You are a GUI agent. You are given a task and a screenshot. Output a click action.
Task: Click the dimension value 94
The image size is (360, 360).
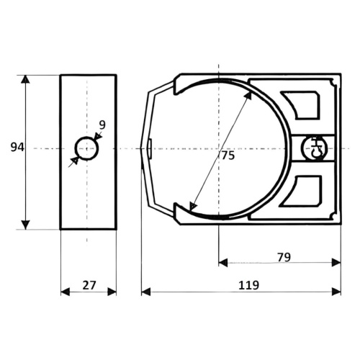click(x=17, y=148)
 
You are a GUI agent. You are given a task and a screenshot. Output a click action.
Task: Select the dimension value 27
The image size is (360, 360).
click(x=89, y=285)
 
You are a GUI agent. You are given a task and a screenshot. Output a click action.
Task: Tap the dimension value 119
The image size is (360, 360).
click(x=248, y=285)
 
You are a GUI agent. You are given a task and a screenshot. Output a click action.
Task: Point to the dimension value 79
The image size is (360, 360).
click(x=284, y=257)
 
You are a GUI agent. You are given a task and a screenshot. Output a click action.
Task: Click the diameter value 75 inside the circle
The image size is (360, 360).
click(x=228, y=156)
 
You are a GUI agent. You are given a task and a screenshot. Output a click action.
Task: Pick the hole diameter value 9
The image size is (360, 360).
click(x=102, y=125)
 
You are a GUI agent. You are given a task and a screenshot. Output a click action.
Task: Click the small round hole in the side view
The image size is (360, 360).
click(x=87, y=149)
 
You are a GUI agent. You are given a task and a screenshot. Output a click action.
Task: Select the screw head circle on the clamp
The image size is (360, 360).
click(x=315, y=149)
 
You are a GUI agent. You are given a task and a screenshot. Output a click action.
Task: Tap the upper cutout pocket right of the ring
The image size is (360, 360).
click(x=300, y=104)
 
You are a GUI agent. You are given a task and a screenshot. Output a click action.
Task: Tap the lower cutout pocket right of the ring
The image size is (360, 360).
click(x=302, y=192)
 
